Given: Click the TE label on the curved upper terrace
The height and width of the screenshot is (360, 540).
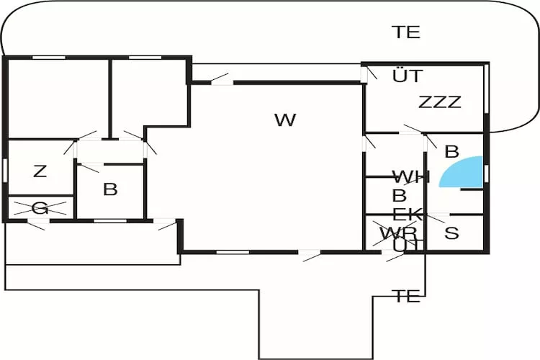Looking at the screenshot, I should point(406,32).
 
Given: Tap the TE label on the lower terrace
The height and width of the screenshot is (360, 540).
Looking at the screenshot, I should point(407,297).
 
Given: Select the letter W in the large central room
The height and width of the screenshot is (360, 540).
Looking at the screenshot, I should point(285,120).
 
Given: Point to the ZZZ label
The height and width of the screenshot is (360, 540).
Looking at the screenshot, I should point(439,102).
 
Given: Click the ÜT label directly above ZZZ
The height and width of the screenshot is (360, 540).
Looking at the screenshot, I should point(408,76).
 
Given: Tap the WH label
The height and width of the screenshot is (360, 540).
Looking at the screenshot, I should point(410,177).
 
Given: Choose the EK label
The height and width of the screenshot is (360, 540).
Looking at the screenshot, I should point(408,214).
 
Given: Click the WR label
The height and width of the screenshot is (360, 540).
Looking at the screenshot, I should point(398,233).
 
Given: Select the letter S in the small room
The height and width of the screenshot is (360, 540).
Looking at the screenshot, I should point(451,233).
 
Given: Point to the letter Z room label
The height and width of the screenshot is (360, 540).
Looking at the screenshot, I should point(40,171).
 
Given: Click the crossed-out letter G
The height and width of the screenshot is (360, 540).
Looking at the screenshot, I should point(40,209).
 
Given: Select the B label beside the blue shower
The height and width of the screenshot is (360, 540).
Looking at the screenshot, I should point(452,152).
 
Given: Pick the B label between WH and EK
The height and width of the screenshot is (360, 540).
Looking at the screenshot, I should point(399,195).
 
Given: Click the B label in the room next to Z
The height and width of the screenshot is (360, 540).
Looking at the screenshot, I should point(110,190).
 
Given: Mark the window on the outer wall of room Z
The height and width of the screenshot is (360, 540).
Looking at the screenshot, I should point(5,171).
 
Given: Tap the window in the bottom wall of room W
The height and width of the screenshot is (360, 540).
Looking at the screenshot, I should point(232,252).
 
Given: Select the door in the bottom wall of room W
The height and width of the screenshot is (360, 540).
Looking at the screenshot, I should point(310,252).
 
